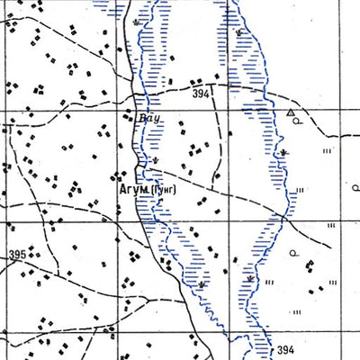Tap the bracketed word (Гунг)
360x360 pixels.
165,190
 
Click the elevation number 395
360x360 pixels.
16,256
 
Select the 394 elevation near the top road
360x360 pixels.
200,94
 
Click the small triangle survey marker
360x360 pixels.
290,113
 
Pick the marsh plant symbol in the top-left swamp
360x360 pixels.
136,20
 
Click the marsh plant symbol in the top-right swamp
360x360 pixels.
238,33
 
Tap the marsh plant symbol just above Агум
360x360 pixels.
155,162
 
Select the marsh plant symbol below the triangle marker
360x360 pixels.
283,153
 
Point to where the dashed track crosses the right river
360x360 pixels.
283,216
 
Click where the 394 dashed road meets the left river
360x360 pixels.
138,94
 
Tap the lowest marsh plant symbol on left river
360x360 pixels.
202,284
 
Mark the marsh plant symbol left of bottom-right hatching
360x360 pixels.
245,280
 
